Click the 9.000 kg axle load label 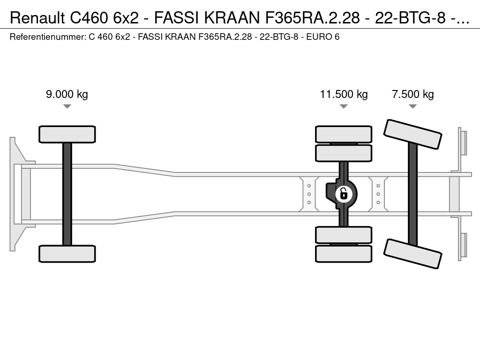[67, 94]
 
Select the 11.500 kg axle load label [344, 94]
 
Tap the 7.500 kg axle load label [412, 94]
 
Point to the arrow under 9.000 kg [67, 106]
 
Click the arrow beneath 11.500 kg [344, 106]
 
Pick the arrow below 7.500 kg [412, 106]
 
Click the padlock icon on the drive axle [344, 193]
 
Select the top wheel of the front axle [67, 134]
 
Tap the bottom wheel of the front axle [67, 254]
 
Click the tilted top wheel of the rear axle [412, 134]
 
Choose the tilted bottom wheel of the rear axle [412, 254]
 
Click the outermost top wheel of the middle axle [344, 134]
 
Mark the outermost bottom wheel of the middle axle [344, 254]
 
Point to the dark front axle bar [67, 193]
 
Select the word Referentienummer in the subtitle [47, 36]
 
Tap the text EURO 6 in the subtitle [323, 36]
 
